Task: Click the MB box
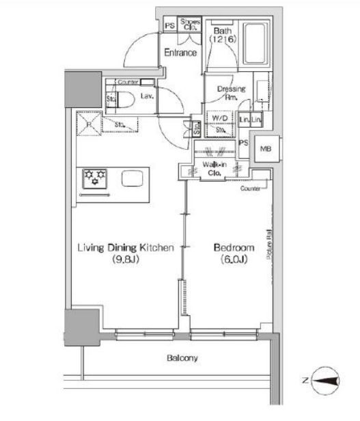pyautogui.click(x=264, y=149)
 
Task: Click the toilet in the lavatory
pyautogui.click(x=127, y=100)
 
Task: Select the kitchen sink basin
pyautogui.click(x=133, y=178)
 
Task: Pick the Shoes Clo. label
pyautogui.click(x=190, y=25)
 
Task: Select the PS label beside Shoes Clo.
pyautogui.click(x=169, y=25)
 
